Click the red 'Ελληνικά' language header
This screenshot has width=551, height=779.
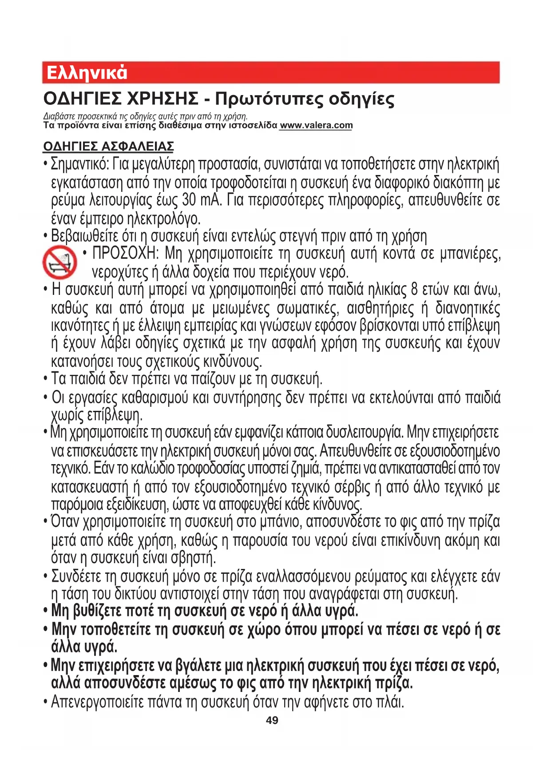pyautogui.click(x=87, y=73)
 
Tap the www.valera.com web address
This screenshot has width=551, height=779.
pyautogui.click(x=316, y=126)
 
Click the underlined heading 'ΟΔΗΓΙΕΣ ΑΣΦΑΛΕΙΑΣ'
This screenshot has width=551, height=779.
pyautogui.click(x=108, y=147)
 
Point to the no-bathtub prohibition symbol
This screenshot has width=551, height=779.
pyautogui.click(x=59, y=262)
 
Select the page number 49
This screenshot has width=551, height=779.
pyautogui.click(x=272, y=720)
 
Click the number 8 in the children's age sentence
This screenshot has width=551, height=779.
pyautogui.click(x=414, y=290)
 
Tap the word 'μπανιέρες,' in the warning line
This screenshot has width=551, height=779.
pyautogui.click(x=471, y=254)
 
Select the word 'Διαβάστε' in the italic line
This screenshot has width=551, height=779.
pyautogui.click(x=56, y=117)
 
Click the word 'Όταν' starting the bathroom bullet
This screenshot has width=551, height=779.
pyautogui.click(x=65, y=522)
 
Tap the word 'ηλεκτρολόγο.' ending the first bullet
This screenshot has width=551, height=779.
pyautogui.click(x=164, y=219)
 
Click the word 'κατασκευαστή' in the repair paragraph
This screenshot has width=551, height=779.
pyautogui.click(x=90, y=488)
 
